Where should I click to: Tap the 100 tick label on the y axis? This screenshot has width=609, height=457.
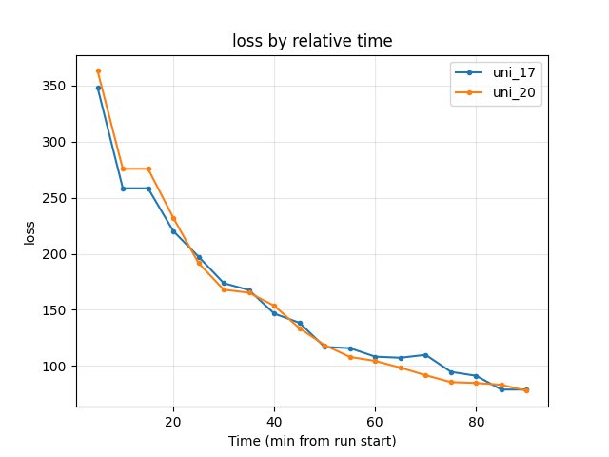pos(54,367)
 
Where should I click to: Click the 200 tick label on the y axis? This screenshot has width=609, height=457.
pos(54,254)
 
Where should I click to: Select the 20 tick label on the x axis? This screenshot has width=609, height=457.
pos(173,422)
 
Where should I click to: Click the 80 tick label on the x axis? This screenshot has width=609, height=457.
pos(476,422)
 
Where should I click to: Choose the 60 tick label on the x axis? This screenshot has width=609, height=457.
pos(375,422)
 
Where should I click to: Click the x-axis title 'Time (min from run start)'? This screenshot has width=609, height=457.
pos(312,441)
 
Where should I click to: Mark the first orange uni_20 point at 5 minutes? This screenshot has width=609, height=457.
pos(98,70)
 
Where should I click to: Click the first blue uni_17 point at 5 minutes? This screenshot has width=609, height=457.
pos(98,88)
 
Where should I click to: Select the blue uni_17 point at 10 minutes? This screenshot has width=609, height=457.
pos(123,189)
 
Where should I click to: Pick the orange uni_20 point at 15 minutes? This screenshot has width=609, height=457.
pos(148,169)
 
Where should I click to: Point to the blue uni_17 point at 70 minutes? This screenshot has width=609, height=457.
pos(425,355)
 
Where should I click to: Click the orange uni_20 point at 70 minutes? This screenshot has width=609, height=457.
pos(425,375)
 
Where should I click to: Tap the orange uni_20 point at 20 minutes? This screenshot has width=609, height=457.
pos(173,218)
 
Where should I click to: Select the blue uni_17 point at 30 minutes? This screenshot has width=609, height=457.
pos(224,283)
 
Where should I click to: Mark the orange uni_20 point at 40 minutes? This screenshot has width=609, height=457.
pos(274,306)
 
